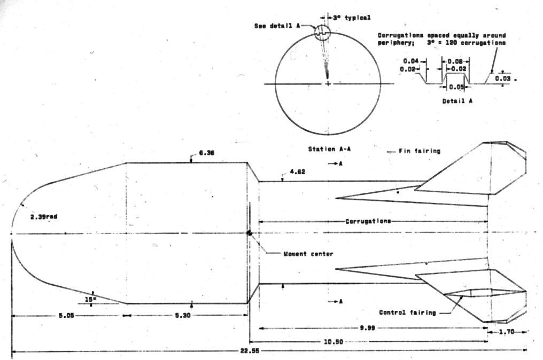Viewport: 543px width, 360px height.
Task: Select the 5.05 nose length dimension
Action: coord(67,316)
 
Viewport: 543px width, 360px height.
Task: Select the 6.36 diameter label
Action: coord(206,153)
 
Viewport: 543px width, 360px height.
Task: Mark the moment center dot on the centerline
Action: coord(249,233)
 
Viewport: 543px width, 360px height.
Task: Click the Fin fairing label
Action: coord(420,151)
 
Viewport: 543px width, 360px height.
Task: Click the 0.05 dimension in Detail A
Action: coord(456,86)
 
